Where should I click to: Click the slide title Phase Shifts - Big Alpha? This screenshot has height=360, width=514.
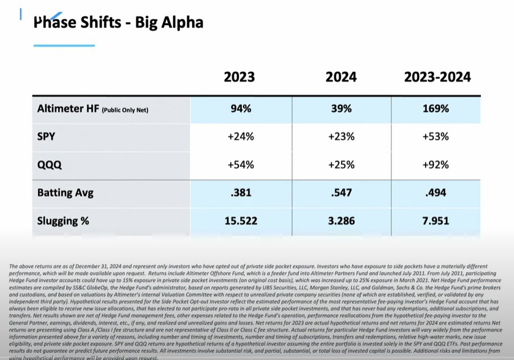pyautogui.click(x=118, y=23)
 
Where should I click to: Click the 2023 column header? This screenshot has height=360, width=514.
pyautogui.click(x=240, y=77)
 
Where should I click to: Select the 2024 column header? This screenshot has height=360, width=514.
pyautogui.click(x=341, y=77)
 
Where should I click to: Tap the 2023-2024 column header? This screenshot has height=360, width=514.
pyautogui.click(x=438, y=77)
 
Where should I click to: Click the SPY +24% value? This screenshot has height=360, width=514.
pyautogui.click(x=240, y=137)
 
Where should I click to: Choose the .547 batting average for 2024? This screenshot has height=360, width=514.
pyautogui.click(x=341, y=192)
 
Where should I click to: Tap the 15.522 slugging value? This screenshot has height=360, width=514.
pyautogui.click(x=240, y=220)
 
